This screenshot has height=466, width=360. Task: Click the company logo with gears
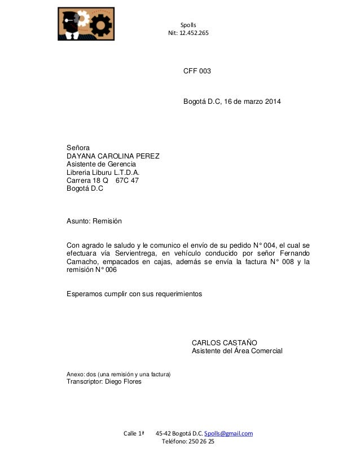pos(86,24)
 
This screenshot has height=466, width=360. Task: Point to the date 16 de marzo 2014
pos(251,102)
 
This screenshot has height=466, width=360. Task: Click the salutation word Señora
pos(78,147)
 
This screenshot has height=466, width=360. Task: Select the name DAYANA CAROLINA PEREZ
pos(113,156)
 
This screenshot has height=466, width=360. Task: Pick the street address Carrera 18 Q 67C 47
pos(103,181)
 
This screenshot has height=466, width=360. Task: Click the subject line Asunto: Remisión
pos(94,221)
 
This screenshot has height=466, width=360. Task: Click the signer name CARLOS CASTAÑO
pos(225,342)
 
